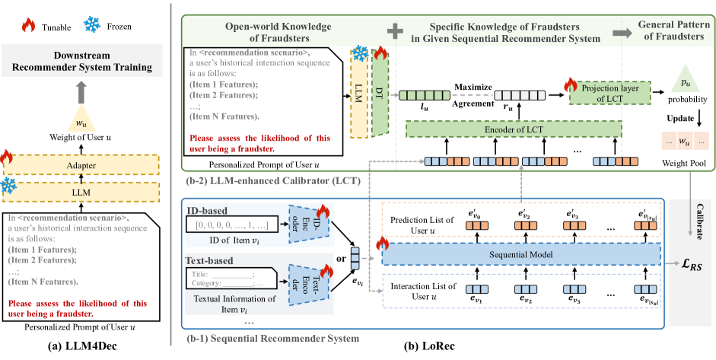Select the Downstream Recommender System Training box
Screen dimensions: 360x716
[x=86, y=62]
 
